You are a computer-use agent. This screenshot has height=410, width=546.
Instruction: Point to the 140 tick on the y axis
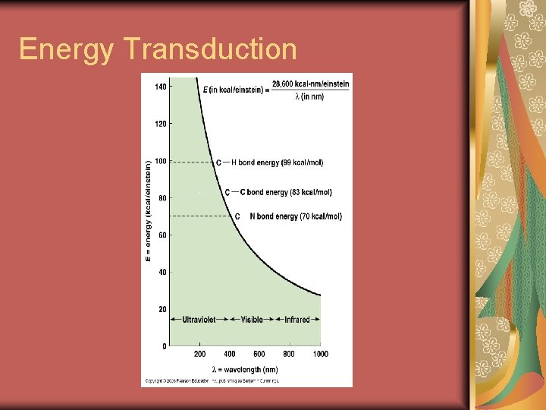(x=161, y=87)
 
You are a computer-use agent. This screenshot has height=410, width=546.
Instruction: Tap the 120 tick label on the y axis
(x=161, y=124)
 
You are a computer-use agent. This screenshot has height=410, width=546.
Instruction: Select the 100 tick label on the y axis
(x=161, y=161)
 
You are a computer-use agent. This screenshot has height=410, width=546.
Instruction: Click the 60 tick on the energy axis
(x=162, y=235)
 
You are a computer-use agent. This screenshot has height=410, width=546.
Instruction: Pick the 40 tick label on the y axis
(x=162, y=273)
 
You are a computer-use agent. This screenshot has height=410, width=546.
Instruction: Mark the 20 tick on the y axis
(x=162, y=310)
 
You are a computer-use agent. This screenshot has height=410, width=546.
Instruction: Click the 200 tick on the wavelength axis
(x=199, y=355)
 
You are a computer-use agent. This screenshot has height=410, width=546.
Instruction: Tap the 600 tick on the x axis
(x=259, y=355)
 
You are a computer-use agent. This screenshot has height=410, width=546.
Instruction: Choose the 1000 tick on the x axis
(x=320, y=355)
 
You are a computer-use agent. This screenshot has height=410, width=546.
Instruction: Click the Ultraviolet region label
(x=199, y=320)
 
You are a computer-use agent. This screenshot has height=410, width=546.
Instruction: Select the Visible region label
(x=252, y=320)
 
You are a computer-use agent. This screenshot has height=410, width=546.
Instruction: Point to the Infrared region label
(x=297, y=320)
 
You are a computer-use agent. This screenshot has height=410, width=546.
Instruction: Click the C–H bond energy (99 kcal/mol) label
(x=270, y=162)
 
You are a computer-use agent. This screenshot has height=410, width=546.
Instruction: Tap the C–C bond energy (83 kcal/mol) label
(x=278, y=193)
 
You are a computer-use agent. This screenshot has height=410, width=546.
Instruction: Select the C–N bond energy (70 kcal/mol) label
(x=288, y=216)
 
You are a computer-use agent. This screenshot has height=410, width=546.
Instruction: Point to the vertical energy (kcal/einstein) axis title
(x=148, y=211)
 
